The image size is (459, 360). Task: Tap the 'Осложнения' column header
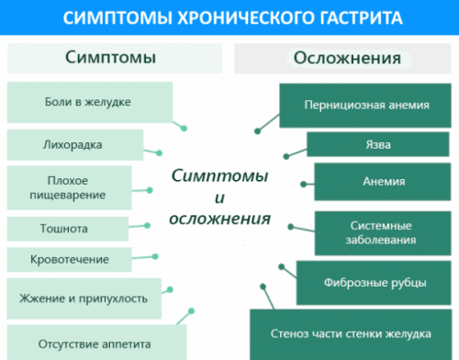pyautogui.click(x=346, y=58)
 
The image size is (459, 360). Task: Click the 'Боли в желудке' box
pyautogui.click(x=88, y=101)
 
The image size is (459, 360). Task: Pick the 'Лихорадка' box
pyautogui.click(x=73, y=145)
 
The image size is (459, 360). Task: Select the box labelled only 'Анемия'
pyautogui.click(x=383, y=181)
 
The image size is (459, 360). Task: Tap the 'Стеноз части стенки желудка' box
pyautogui.click(x=352, y=334)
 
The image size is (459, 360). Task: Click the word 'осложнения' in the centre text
pyautogui.click(x=220, y=219)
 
